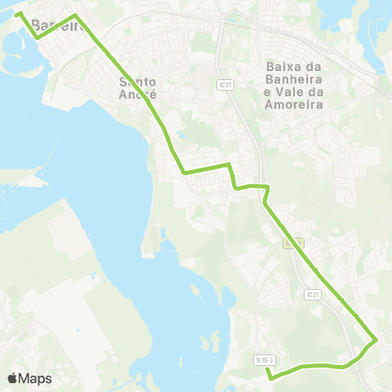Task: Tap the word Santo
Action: point(137,81)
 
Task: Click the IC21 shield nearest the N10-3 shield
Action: point(311,294)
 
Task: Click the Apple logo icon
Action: point(13,378)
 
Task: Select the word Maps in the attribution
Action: point(36,378)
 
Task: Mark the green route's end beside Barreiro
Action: point(18,14)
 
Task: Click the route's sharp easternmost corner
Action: point(375,341)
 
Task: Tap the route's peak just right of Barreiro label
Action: point(75,16)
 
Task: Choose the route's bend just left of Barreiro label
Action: point(36,36)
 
